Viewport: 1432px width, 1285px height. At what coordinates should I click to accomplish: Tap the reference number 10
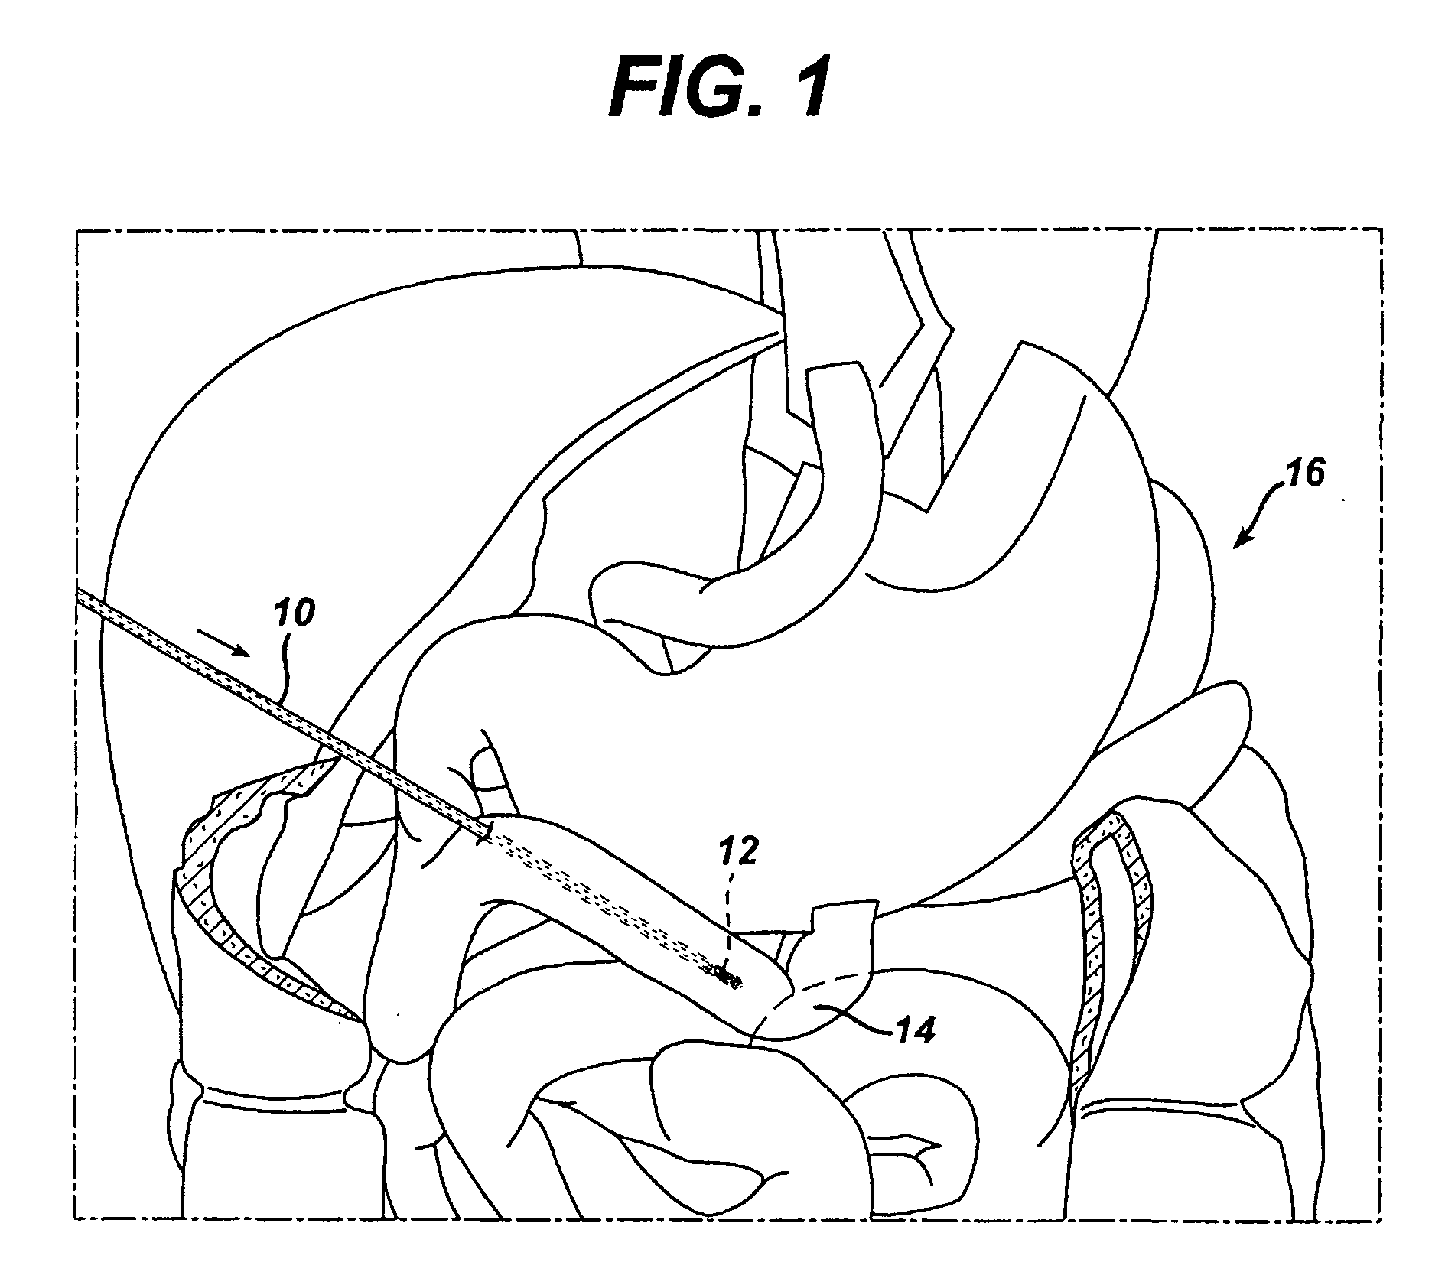(293, 613)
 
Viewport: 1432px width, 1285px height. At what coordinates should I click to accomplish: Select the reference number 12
(740, 851)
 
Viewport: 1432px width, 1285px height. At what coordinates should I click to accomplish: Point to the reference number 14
(916, 1031)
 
